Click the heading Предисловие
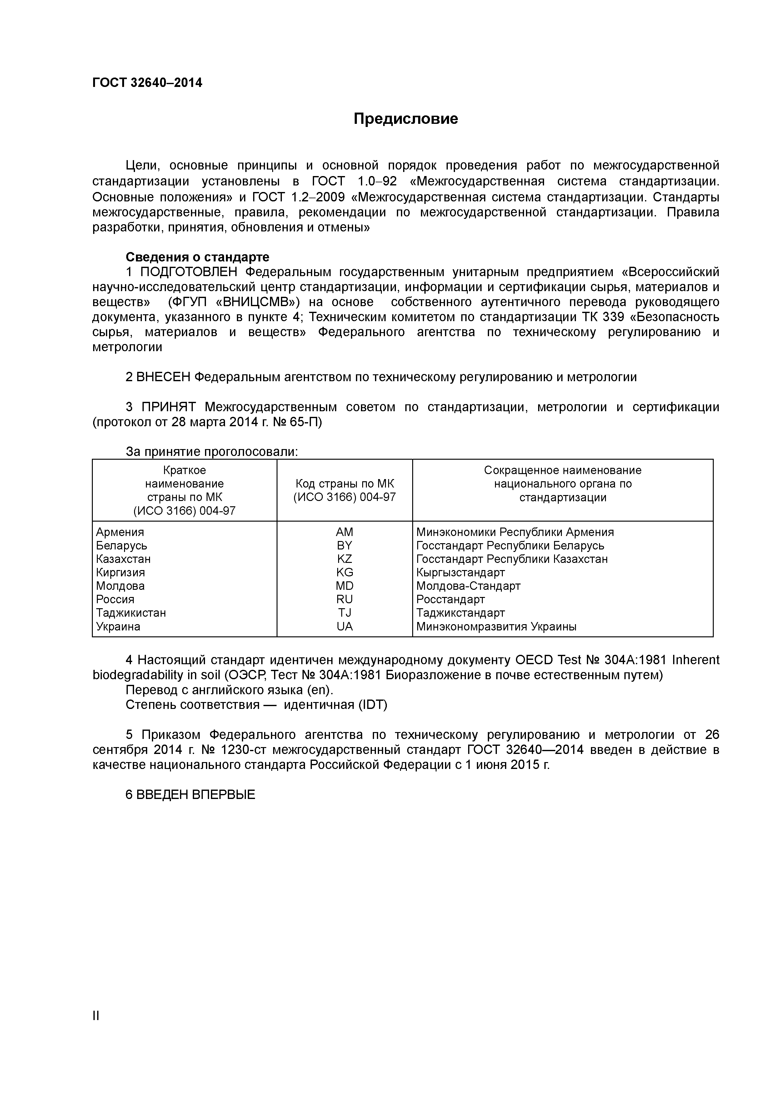405,119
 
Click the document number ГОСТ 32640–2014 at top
147,83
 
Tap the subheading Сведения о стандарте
197,257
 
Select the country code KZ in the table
344,559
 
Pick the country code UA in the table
344,626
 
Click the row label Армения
120,532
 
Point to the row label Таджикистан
131,613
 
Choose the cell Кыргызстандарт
460,572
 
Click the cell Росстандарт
450,599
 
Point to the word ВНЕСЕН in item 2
163,377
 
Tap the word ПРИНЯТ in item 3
168,407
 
